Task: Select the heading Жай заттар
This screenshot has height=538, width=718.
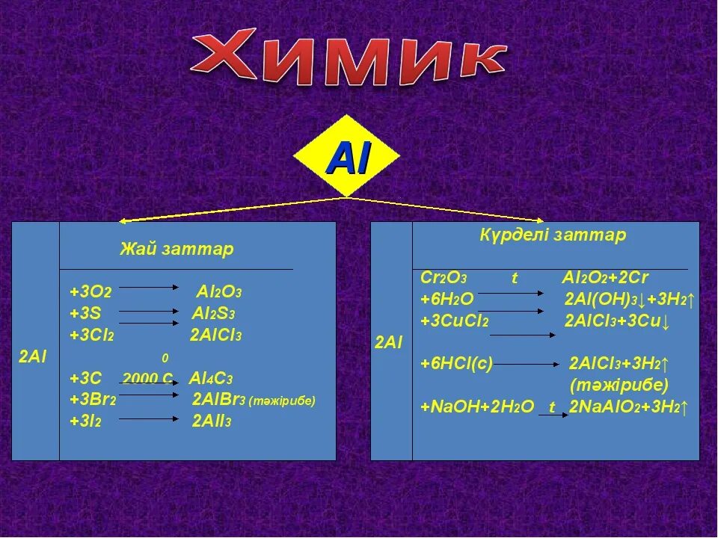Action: tap(177, 249)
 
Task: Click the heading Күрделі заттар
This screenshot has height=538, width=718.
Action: tap(553, 235)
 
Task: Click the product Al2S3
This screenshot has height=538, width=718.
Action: tap(217, 313)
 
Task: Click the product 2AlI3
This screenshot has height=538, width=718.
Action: tap(212, 421)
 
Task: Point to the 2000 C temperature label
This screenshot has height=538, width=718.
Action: tap(147, 378)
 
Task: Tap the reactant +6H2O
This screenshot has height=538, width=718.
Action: tap(447, 300)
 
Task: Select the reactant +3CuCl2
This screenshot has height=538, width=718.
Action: tap(455, 321)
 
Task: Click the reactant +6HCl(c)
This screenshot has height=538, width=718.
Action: tap(457, 364)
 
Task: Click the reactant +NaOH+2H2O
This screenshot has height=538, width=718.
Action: tap(477, 407)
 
